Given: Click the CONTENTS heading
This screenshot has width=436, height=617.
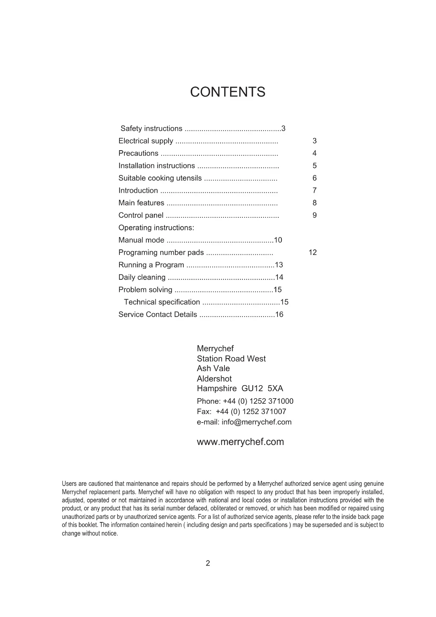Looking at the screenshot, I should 228,92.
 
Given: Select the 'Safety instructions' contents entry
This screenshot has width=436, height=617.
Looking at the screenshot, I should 151,129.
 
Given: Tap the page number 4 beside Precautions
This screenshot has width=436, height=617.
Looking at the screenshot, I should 314,153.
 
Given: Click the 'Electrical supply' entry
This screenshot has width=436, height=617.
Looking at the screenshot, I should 146,141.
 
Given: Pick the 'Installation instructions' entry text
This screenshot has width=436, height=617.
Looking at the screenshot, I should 157,166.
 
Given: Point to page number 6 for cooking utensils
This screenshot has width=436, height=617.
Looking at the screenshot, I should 314,178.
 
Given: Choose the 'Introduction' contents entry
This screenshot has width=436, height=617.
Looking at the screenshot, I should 138,191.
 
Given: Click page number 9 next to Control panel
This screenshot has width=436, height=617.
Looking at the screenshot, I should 314,215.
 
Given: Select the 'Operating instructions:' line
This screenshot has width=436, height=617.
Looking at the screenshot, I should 156,228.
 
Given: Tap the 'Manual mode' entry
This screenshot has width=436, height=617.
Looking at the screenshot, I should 141,240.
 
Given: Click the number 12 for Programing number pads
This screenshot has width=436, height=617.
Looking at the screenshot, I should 313,253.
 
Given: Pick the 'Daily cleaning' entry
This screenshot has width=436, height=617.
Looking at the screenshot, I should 142,278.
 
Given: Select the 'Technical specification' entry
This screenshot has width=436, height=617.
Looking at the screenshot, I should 162,302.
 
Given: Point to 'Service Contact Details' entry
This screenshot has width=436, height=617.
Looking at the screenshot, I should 158,314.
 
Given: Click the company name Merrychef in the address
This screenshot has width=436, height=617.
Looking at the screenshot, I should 215,349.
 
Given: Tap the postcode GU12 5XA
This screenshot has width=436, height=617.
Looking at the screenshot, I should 262,389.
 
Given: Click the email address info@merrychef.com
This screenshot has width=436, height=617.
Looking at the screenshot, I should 256,422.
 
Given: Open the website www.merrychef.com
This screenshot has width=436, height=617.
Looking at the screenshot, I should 240,442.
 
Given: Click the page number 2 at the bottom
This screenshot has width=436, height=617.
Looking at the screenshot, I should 208,563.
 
